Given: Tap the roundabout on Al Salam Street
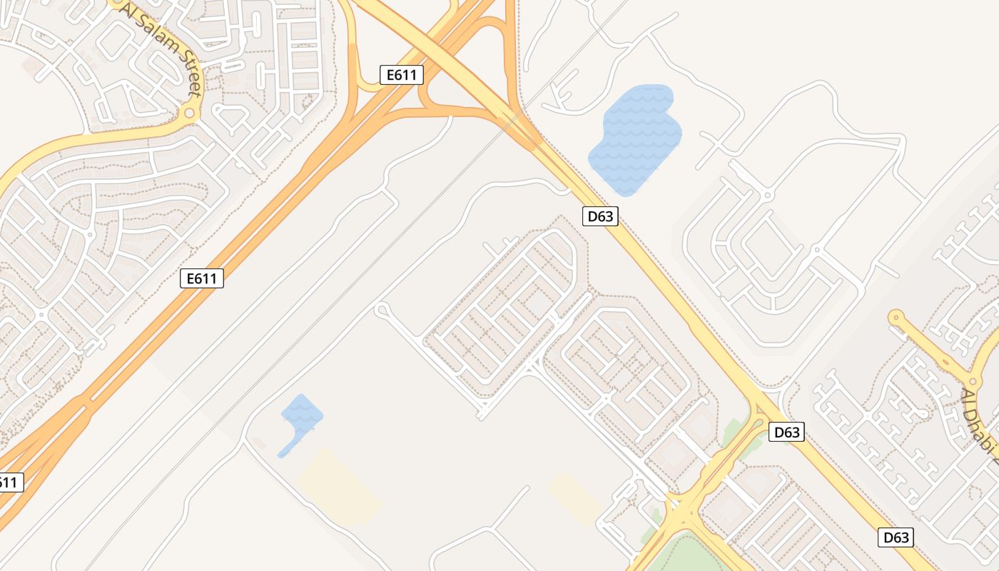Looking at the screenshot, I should (x=189, y=113).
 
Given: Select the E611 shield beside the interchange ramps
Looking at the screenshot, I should (x=402, y=75).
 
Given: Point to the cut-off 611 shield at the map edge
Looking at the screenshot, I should (x=9, y=482).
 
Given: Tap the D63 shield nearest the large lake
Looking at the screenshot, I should (x=599, y=216).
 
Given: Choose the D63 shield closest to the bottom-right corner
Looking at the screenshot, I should (x=896, y=537).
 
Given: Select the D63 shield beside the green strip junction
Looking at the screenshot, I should (x=787, y=432).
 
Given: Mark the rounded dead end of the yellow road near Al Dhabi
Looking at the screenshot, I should (x=896, y=316).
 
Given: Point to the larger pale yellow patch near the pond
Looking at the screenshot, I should (x=339, y=485).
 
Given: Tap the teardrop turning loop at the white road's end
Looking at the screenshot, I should (x=382, y=310).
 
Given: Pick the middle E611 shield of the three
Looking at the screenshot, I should (x=202, y=278).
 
